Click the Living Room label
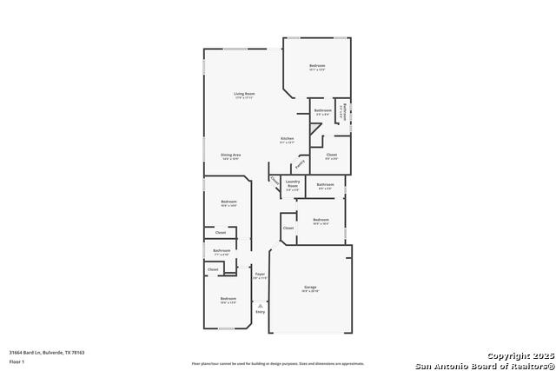pyautogui.click(x=243, y=94)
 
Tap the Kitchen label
pyautogui.click(x=287, y=139)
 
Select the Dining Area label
pyautogui.click(x=230, y=155)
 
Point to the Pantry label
pyautogui.click(x=300, y=163)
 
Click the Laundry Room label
pyautogui.click(x=292, y=182)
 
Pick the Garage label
pyautogui.click(x=310, y=288)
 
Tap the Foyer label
pyautogui.click(x=260, y=275)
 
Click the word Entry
pyautogui.click(x=260, y=312)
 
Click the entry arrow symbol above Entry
pyautogui.click(x=260, y=304)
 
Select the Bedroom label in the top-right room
pyautogui.click(x=317, y=66)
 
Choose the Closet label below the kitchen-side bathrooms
pyautogui.click(x=332, y=155)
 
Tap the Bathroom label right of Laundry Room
pyautogui.click(x=325, y=184)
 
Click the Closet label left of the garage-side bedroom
pyautogui.click(x=288, y=228)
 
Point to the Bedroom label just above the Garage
pyautogui.click(x=321, y=220)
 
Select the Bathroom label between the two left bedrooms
pyautogui.click(x=222, y=251)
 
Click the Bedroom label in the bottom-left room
pyautogui.click(x=228, y=299)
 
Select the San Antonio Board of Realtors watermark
pyautogui.click(x=483, y=364)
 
